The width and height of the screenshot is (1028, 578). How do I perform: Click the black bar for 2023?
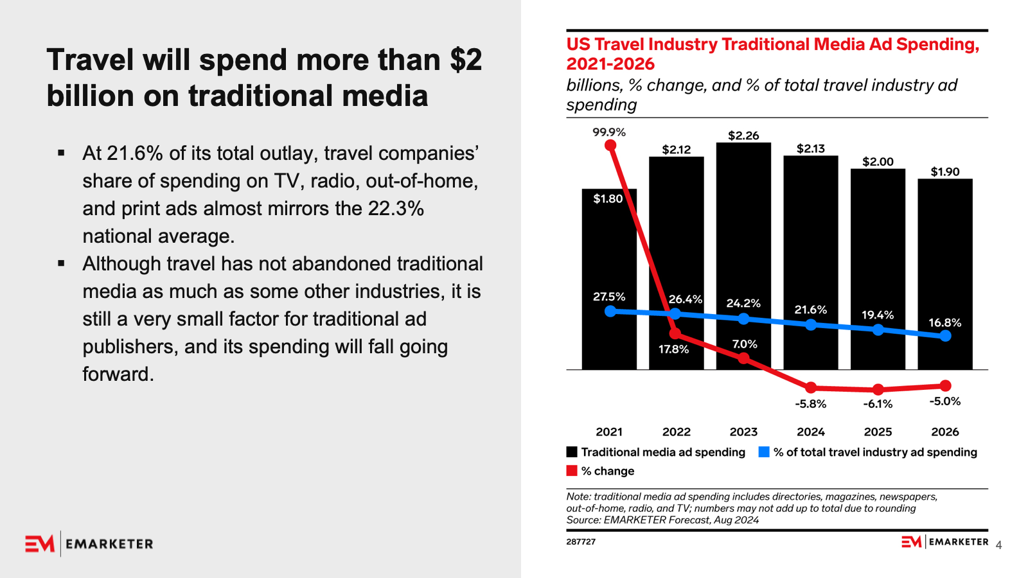pyautogui.click(x=743, y=244)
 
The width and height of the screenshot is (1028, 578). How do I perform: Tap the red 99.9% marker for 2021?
pyautogui.click(x=610, y=145)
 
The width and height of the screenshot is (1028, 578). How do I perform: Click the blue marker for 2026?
pyautogui.click(x=945, y=335)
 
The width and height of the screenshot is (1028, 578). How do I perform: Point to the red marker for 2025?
pyautogui.click(x=878, y=389)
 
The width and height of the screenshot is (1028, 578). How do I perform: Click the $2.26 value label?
pyautogui.click(x=743, y=136)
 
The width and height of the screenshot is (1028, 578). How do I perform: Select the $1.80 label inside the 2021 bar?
pyautogui.click(x=608, y=199)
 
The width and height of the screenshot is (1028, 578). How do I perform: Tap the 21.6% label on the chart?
pyautogui.click(x=811, y=310)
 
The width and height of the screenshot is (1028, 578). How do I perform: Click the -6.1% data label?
pyautogui.click(x=878, y=404)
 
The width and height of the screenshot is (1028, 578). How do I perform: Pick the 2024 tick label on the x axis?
pyautogui.click(x=811, y=432)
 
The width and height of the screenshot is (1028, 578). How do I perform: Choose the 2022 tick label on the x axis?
pyautogui.click(x=677, y=432)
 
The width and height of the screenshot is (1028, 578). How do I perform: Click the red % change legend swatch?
pyautogui.click(x=572, y=471)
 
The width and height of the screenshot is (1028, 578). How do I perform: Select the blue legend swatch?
pyautogui.click(x=764, y=452)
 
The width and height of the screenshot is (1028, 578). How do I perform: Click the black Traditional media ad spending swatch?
pyautogui.click(x=572, y=452)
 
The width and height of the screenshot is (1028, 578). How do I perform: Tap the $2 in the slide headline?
pyautogui.click(x=466, y=60)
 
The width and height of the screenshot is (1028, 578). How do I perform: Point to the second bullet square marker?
pyautogui.click(x=61, y=263)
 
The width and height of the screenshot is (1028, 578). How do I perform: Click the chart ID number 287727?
pyautogui.click(x=581, y=542)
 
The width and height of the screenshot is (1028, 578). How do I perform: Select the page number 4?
pyautogui.click(x=998, y=546)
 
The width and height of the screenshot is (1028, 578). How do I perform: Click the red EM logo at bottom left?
pyautogui.click(x=40, y=544)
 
